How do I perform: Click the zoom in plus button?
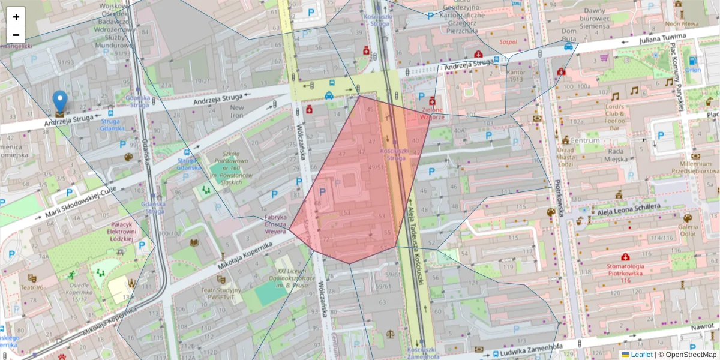[16, 17]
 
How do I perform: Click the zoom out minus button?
[16, 35]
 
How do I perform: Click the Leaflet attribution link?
[640, 355]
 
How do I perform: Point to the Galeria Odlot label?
[687, 230]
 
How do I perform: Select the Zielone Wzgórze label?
[432, 113]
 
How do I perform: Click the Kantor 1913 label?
[516, 76]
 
